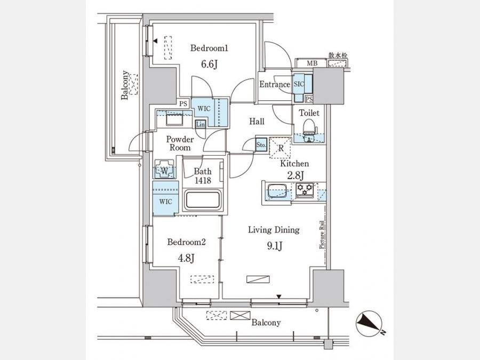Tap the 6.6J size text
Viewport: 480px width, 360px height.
click(210, 65)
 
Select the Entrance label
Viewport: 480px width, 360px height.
click(275, 84)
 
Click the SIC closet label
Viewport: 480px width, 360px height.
click(299, 84)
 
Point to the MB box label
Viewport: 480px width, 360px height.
click(310, 64)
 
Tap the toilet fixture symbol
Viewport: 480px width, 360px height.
click(309, 129)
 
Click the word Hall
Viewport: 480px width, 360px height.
click(257, 122)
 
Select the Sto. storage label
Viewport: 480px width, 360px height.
click(261, 145)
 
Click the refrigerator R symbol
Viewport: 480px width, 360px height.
click(280, 148)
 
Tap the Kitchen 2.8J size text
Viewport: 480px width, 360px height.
click(294, 175)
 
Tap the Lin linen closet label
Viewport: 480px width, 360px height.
click(201, 124)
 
